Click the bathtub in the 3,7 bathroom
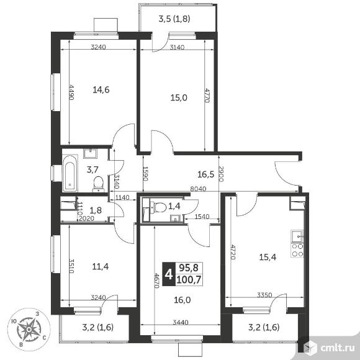[70, 174]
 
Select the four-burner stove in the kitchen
[297, 251]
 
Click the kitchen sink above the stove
[297, 236]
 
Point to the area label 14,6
[101, 89]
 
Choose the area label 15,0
[179, 97]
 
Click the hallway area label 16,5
[206, 174]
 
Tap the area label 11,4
[101, 266]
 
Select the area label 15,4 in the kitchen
[268, 257]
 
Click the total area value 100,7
[189, 280]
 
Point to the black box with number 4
[169, 274]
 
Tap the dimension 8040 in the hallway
[199, 189]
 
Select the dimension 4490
[71, 92]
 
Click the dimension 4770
[207, 96]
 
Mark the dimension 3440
[181, 322]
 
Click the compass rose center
[29, 330]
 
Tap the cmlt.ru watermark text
[338, 348]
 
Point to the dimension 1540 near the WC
[202, 217]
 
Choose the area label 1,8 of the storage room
[96, 210]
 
